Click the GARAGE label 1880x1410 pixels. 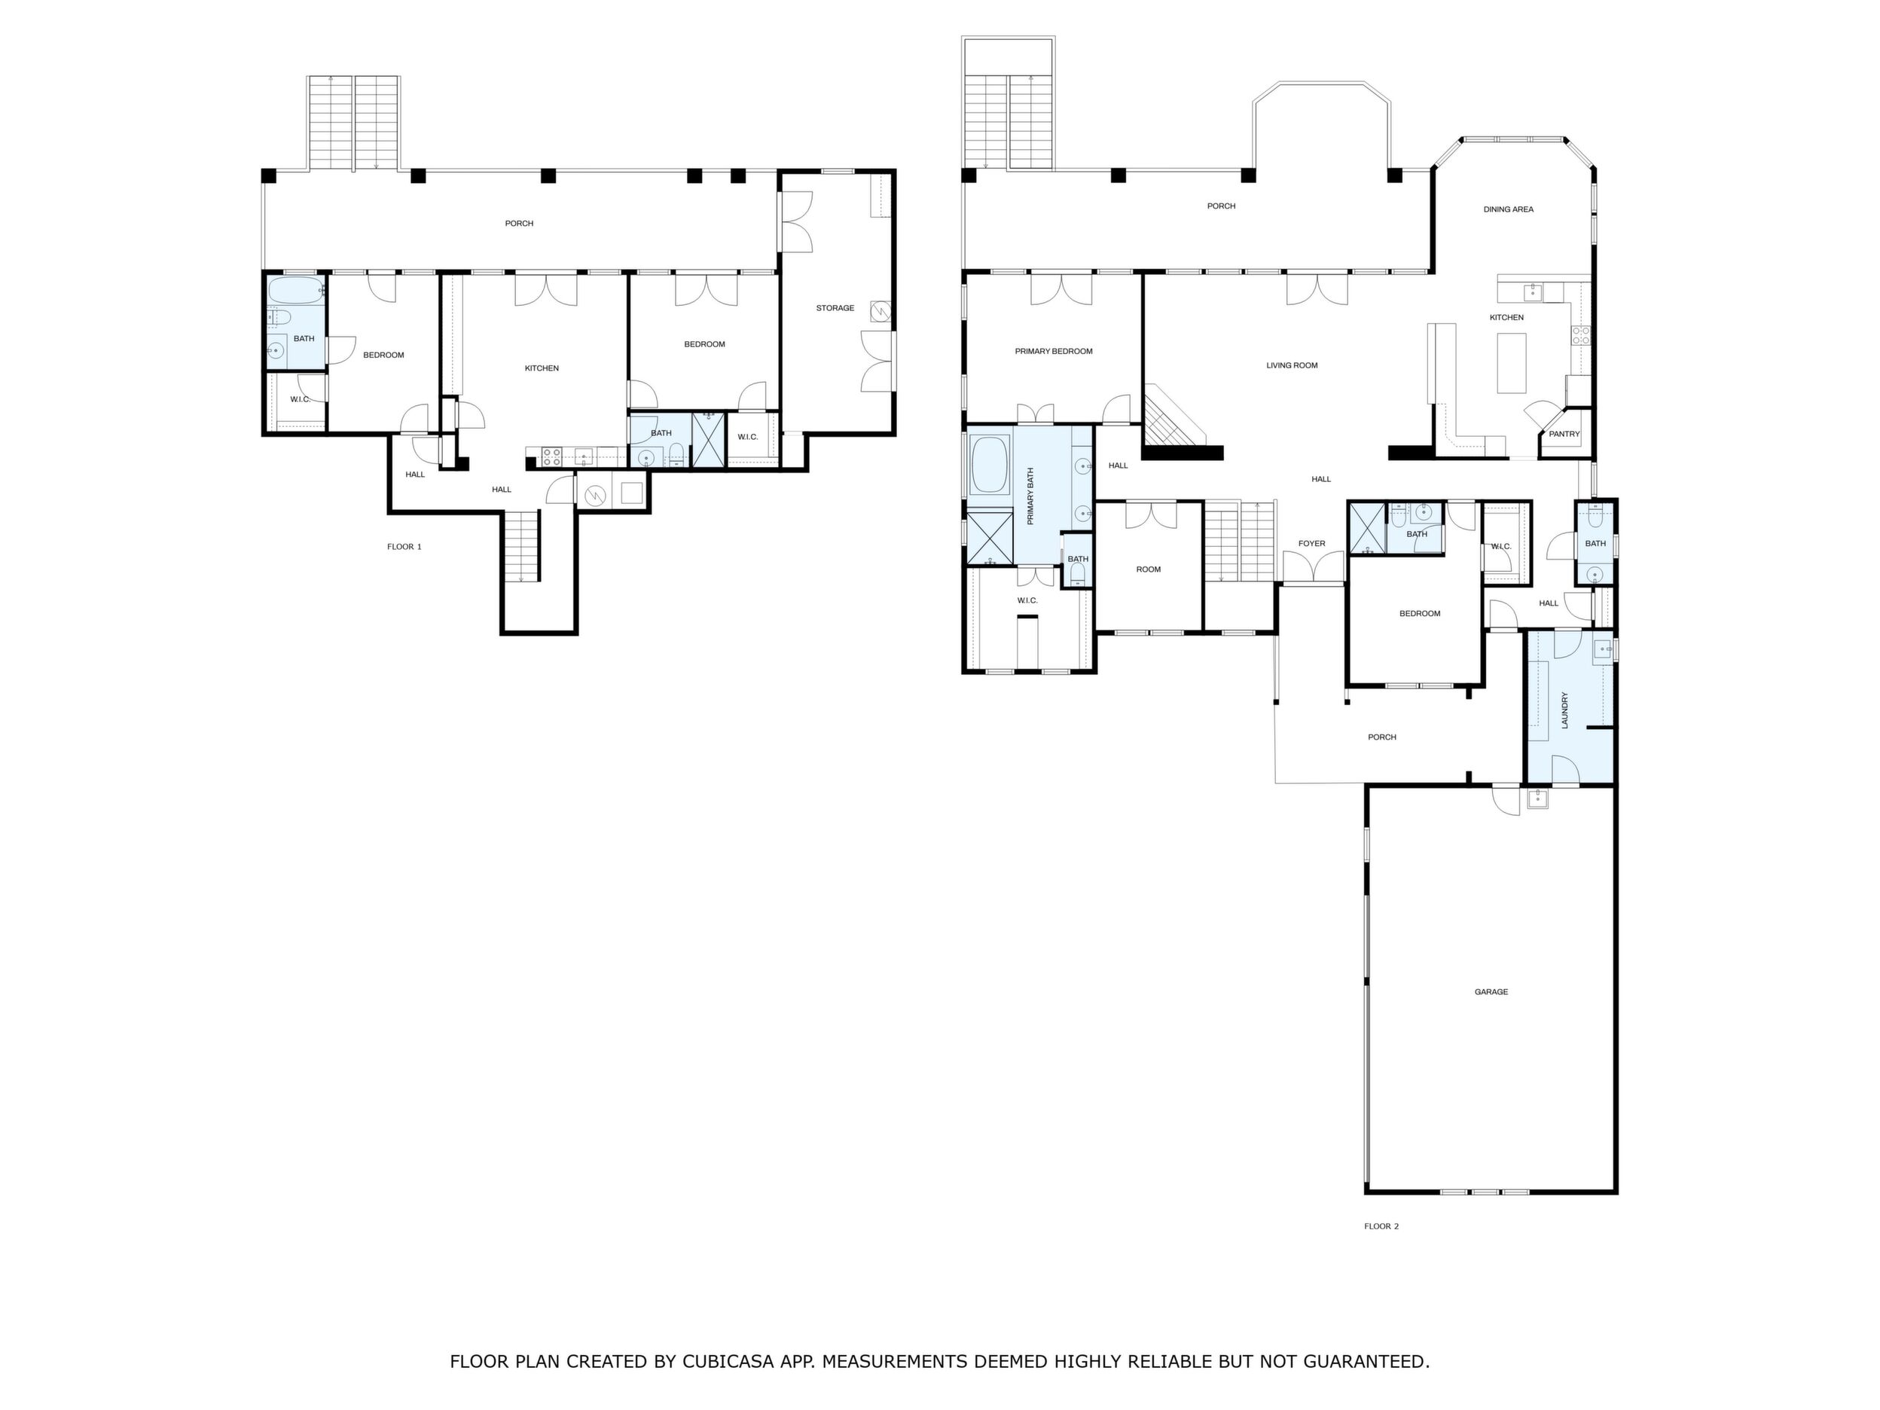pos(1491,992)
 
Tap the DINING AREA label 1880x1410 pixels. pos(1509,209)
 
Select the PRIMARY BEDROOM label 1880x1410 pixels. pos(1054,351)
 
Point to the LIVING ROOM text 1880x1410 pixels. pos(1292,365)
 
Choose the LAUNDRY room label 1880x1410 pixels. pos(1564,710)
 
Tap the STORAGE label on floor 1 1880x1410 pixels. pos(835,307)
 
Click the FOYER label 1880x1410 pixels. pos(1311,544)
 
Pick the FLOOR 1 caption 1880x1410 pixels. pos(404,547)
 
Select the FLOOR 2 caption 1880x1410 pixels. pos(1381,1226)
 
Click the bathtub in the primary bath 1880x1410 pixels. pos(989,465)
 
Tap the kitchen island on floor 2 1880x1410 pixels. pos(1511,363)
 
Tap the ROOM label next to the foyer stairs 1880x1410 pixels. pos(1148,569)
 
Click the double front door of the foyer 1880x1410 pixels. pos(1313,568)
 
